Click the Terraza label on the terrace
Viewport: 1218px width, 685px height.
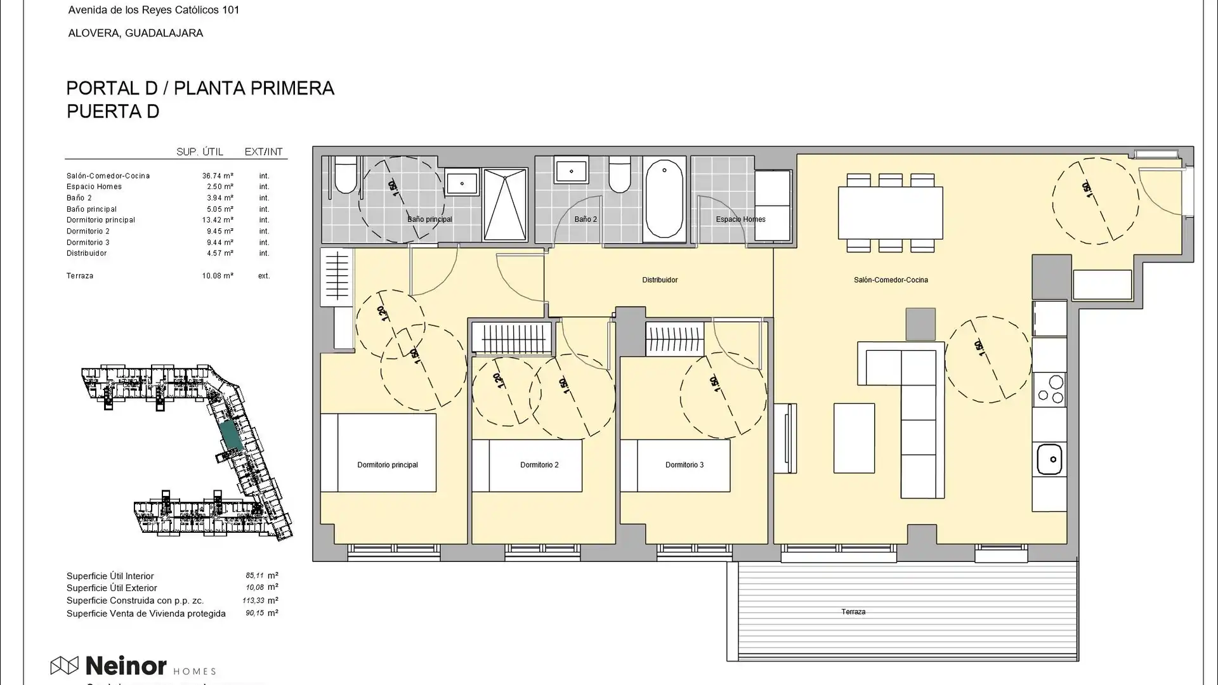click(853, 612)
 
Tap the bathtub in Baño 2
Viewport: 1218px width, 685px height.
click(664, 199)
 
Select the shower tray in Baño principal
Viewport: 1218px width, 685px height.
click(505, 204)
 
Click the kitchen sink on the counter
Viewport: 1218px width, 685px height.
click(1049, 459)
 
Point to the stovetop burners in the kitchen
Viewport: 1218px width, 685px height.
click(1049, 389)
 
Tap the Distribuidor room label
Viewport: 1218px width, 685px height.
click(659, 280)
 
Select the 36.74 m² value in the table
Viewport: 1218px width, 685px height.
click(218, 176)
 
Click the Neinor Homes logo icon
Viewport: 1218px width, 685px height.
click(64, 665)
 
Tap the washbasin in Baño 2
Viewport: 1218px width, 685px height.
click(572, 171)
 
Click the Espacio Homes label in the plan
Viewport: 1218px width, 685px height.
click(740, 219)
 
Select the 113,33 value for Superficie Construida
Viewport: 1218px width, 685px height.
click(254, 600)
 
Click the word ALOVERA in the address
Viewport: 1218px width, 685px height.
click(93, 33)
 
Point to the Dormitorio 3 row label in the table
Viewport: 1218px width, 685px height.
click(88, 242)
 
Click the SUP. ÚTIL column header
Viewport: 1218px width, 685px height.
click(199, 152)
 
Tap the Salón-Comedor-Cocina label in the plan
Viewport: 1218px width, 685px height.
click(890, 280)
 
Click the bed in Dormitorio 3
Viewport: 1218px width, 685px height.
click(676, 466)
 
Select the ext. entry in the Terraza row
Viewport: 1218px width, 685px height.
click(264, 276)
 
